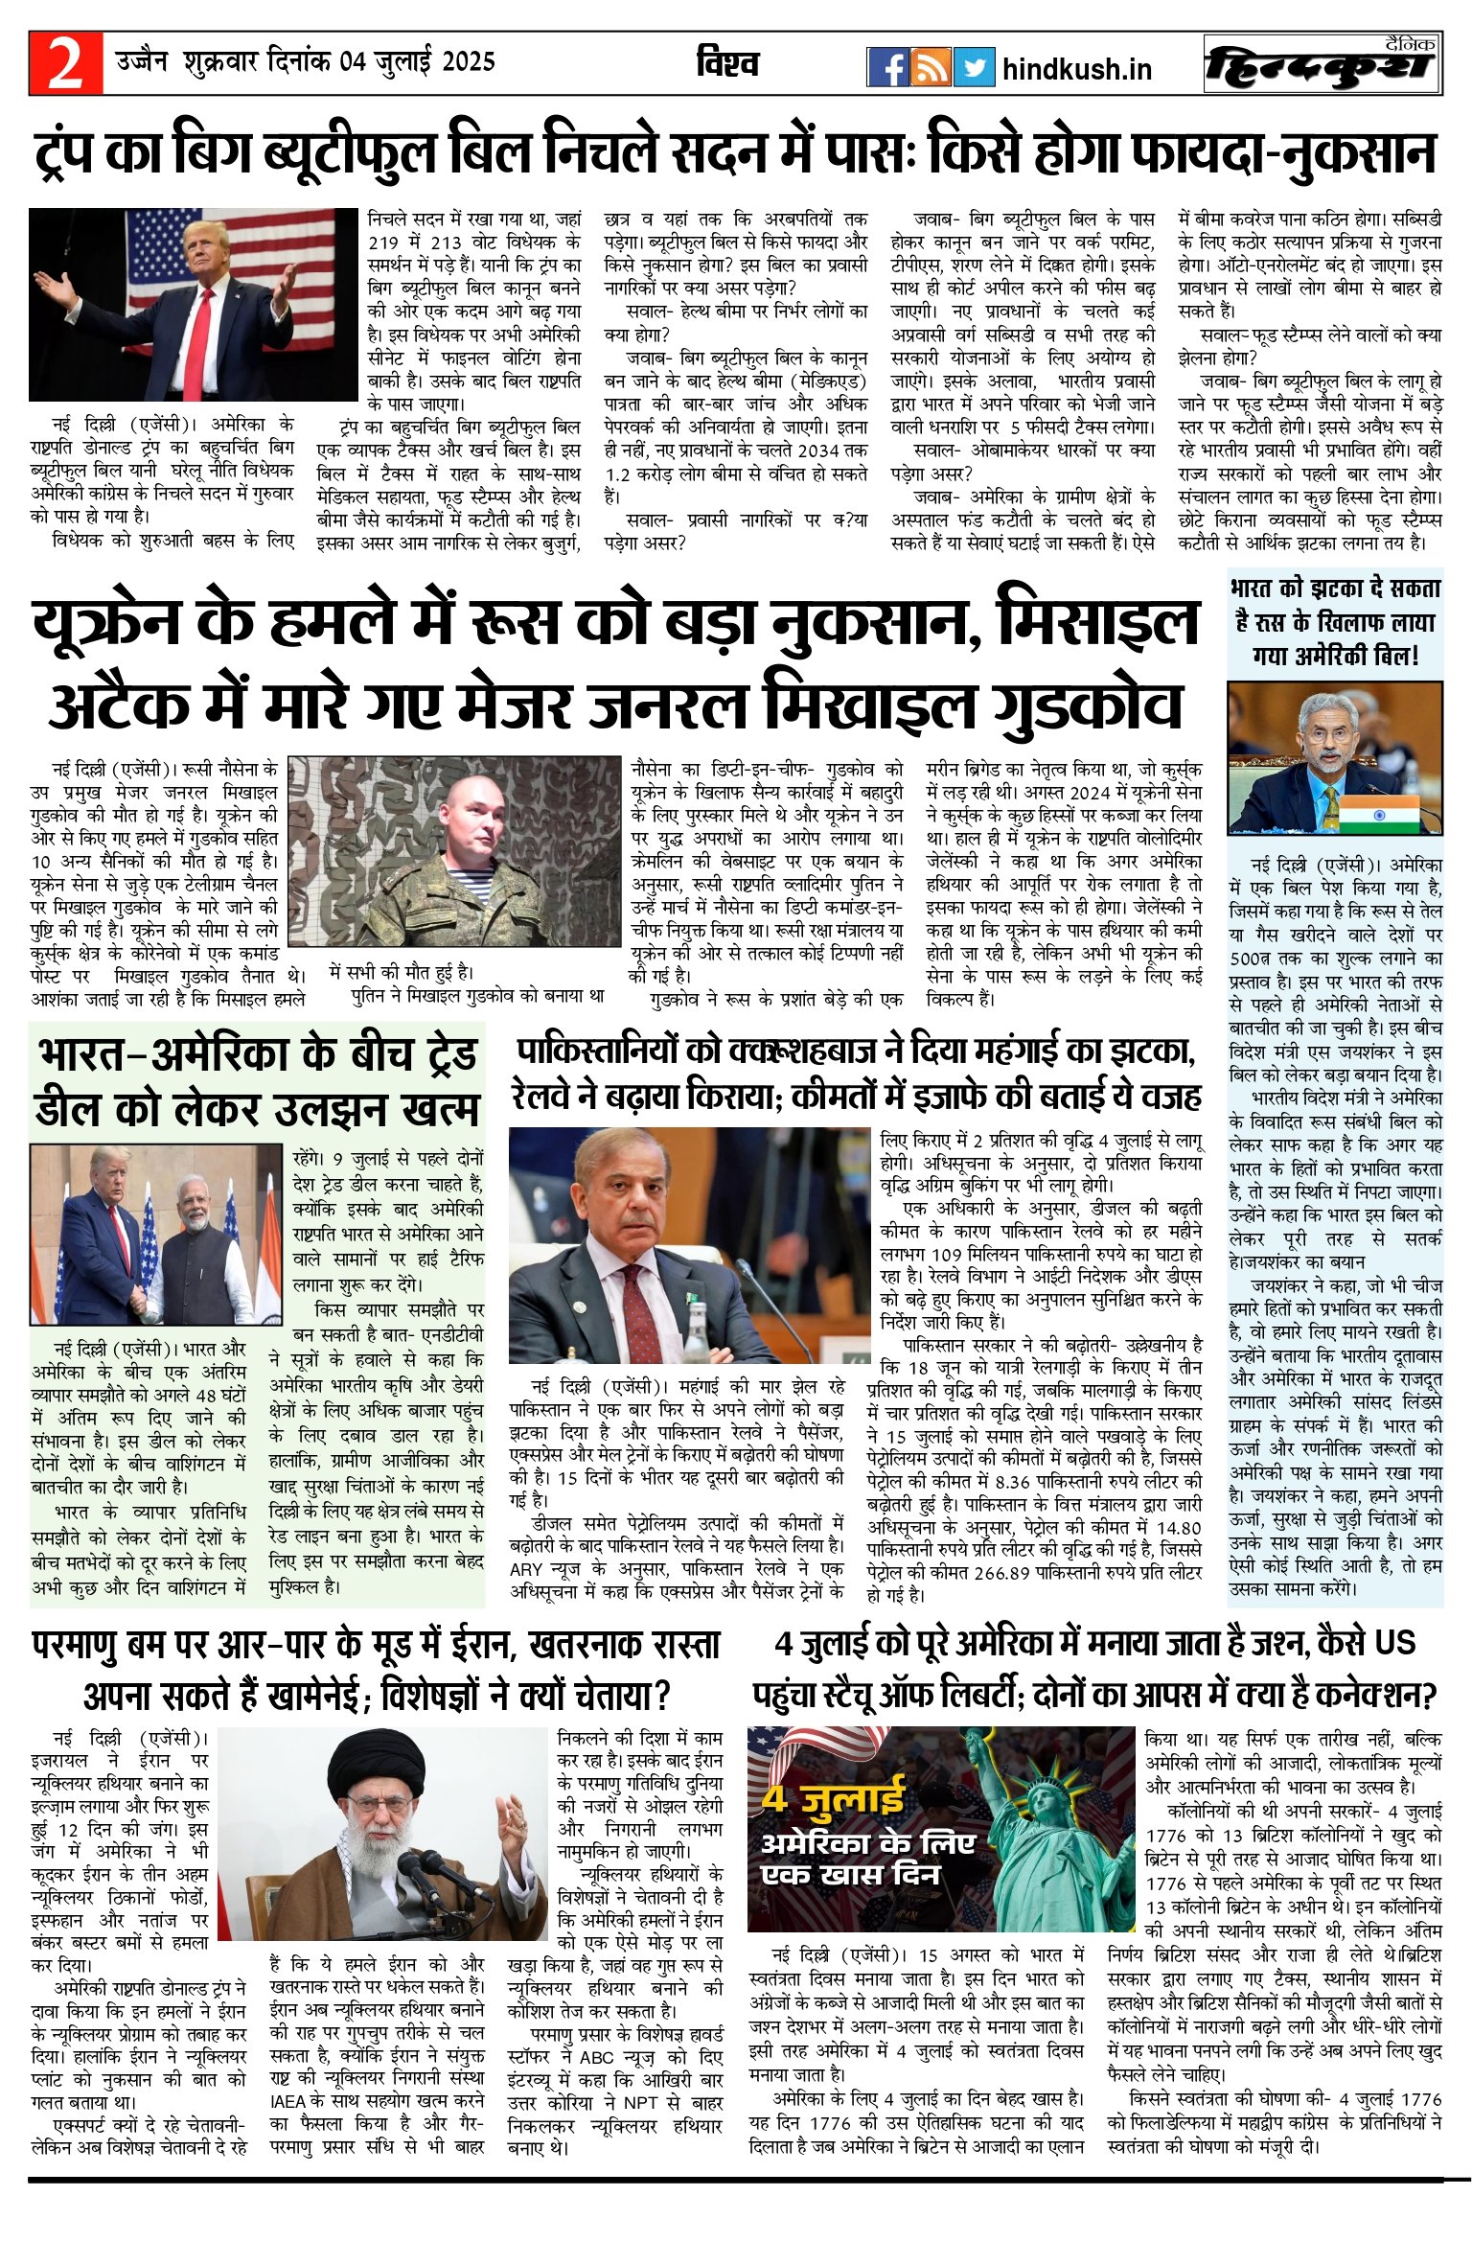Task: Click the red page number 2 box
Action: coord(65,63)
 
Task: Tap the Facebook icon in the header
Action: coord(887,67)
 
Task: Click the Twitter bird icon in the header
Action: coord(974,67)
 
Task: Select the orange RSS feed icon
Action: coord(931,67)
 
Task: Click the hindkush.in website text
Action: coord(1076,69)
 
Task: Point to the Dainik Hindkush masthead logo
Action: coord(1322,64)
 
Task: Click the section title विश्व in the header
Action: coord(727,63)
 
